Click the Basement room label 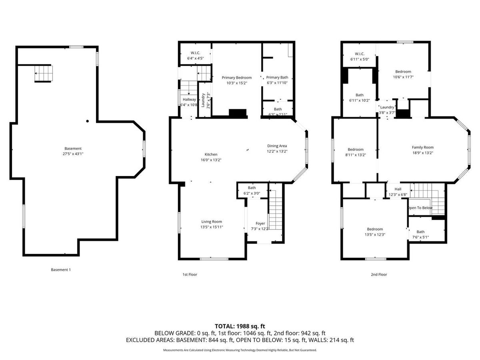coord(73,149)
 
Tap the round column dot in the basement coord(88,121)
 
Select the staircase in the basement coord(44,74)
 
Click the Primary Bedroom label coord(237,78)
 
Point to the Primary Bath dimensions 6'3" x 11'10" coord(277,83)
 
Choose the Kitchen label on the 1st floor coord(211,154)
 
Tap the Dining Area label coord(277,146)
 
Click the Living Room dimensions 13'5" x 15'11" coord(212,227)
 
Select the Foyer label coord(260,223)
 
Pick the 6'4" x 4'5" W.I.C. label coord(196,56)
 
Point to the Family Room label coord(423,148)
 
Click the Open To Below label coord(420,208)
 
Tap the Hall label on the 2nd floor coord(398,189)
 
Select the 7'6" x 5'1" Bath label coord(420,234)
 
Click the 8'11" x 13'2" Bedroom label coord(356,152)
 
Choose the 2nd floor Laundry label coord(387,107)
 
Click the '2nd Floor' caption coord(379,274)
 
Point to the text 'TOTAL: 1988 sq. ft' coord(240,326)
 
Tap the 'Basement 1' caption coord(61,270)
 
